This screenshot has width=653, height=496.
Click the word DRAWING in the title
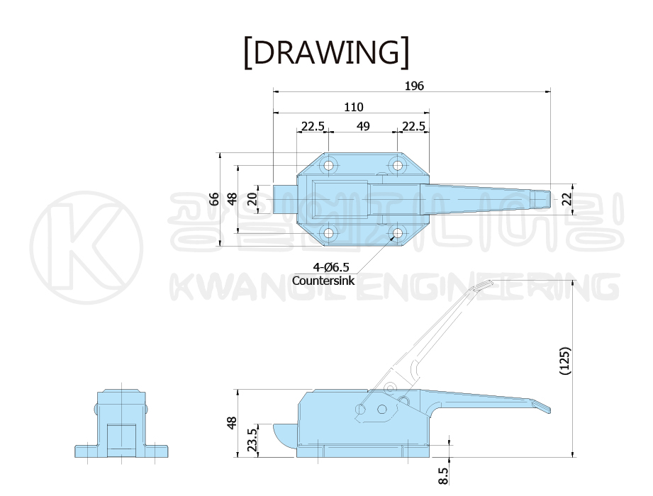coord(326,53)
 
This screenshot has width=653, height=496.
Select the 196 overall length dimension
coord(414,86)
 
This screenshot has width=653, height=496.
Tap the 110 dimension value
coord(354,107)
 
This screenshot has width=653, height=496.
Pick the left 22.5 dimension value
coord(313,125)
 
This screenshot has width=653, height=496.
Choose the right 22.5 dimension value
coord(413,125)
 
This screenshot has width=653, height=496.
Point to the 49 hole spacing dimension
coord(363,125)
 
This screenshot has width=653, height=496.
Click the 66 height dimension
coord(213,199)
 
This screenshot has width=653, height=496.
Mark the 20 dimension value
coord(252,199)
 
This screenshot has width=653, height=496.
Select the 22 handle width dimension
coord(567,199)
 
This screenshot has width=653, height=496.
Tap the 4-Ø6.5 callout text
coord(331,266)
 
